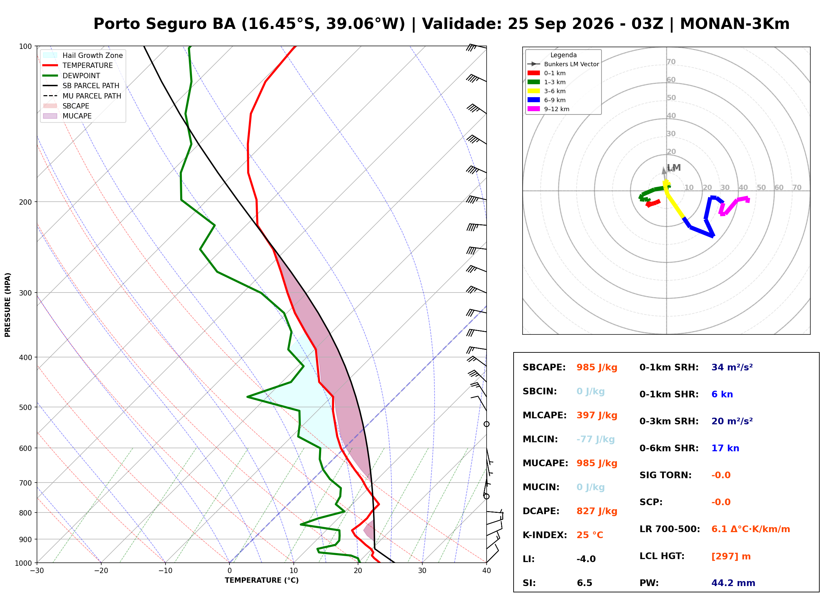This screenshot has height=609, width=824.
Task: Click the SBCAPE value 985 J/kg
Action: (x=597, y=367)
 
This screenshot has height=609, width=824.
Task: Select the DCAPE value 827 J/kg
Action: (x=597, y=511)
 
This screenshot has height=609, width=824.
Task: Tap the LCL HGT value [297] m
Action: (x=731, y=556)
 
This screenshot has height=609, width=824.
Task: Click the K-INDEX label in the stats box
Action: (x=545, y=535)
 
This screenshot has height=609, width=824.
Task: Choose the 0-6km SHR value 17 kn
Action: (x=725, y=448)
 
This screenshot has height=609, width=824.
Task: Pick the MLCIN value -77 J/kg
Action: (x=595, y=439)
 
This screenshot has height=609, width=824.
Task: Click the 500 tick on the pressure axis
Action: (x=25, y=407)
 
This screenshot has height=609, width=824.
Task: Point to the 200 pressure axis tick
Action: (x=25, y=202)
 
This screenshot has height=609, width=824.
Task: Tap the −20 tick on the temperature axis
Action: (x=101, y=571)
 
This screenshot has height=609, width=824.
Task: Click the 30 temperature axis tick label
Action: (x=422, y=571)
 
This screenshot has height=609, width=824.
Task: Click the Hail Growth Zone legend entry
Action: (x=83, y=55)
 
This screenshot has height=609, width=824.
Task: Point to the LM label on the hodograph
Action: (x=673, y=168)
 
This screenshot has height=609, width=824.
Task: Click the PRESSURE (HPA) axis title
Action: (x=7, y=305)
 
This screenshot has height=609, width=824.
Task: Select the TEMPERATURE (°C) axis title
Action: (x=261, y=580)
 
